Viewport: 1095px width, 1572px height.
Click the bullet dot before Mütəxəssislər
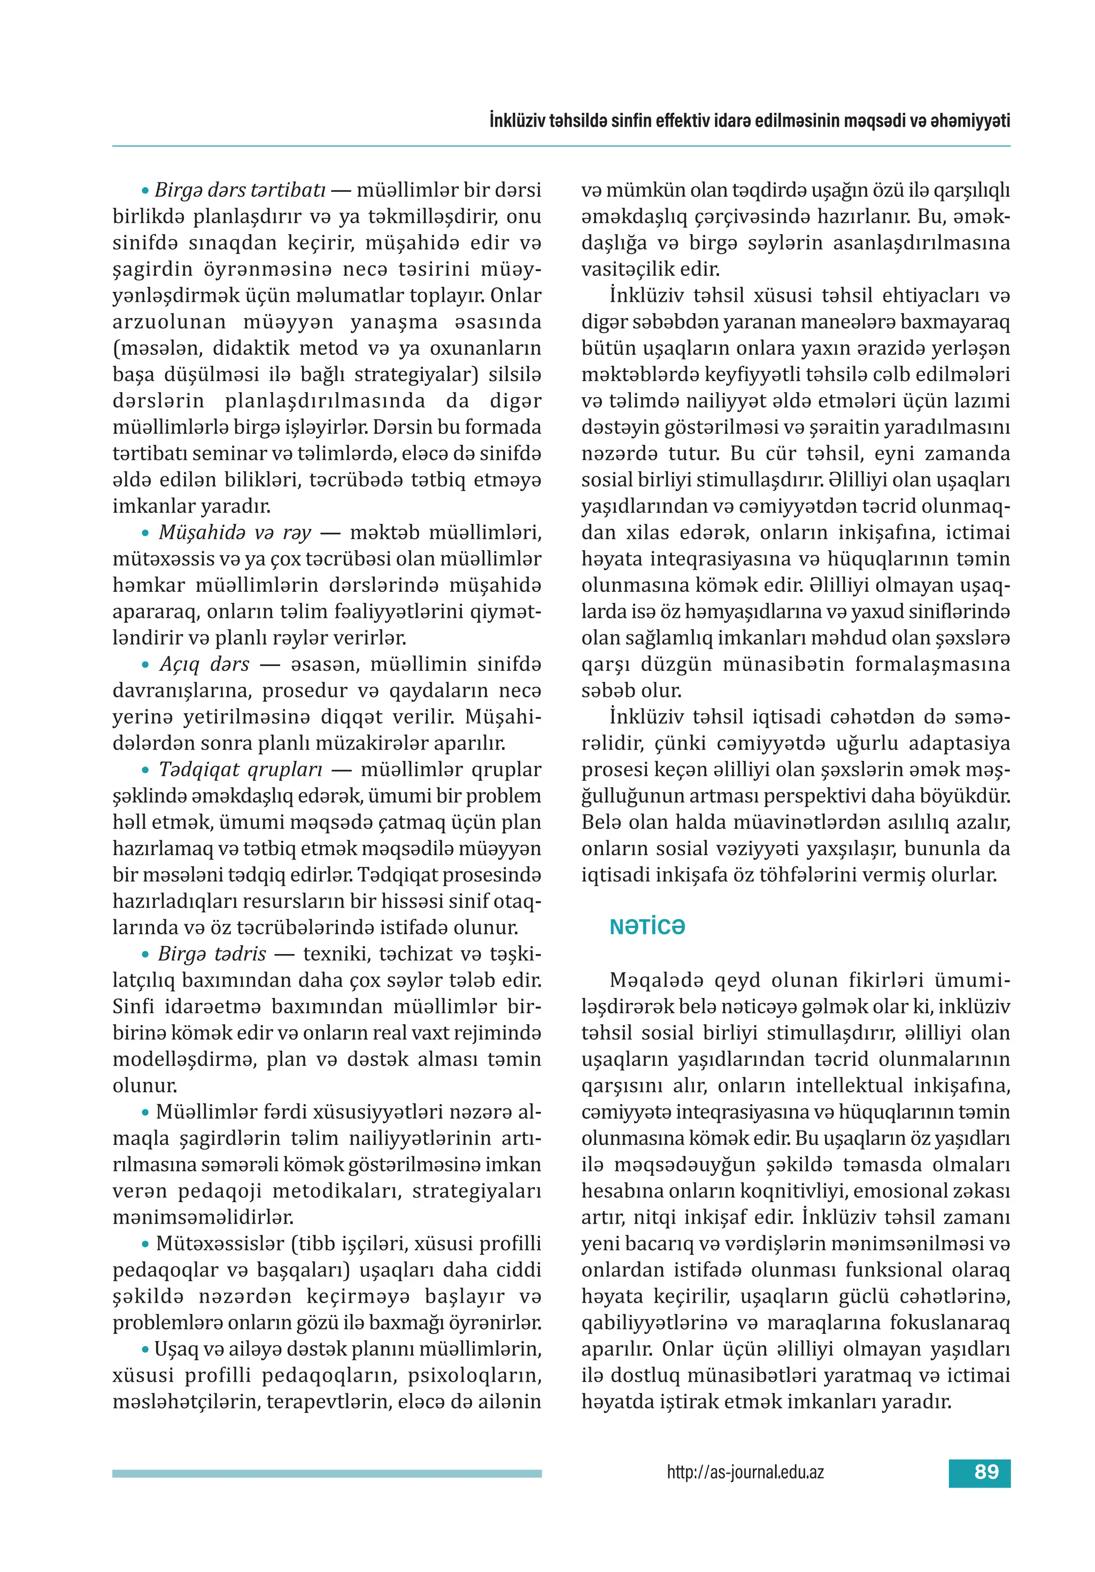coord(145,1243)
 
